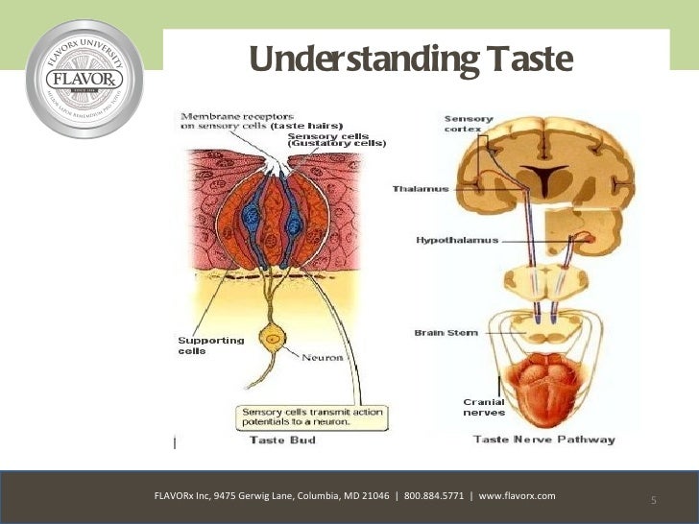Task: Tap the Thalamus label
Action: pos(421,189)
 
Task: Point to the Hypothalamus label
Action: pos(457,239)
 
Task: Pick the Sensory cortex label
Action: pos(469,125)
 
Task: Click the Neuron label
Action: pos(324,358)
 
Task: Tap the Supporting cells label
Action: pos(211,345)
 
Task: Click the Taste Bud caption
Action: pos(282,440)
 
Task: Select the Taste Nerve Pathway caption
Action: pos(543,440)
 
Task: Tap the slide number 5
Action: pos(653,501)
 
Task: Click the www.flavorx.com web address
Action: pos(517,496)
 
